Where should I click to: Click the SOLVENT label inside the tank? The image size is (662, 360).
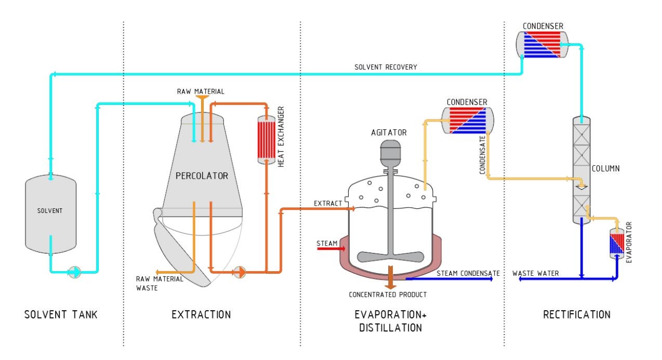click(50, 211)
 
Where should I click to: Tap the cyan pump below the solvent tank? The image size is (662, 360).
click(74, 272)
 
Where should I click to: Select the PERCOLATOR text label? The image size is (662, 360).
click(202, 176)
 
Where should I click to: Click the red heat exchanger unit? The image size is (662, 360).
click(266, 140)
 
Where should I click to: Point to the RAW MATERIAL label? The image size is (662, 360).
click(201, 91)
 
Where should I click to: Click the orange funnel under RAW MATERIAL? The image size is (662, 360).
click(203, 99)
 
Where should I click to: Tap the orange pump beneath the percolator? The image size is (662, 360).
click(240, 272)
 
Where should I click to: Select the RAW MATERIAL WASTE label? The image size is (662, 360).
click(160, 284)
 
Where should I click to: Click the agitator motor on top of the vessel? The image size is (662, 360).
click(390, 154)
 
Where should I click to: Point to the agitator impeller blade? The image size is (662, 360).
click(390, 257)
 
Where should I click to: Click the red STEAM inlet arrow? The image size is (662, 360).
click(331, 248)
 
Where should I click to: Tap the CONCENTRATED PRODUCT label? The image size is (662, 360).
click(388, 295)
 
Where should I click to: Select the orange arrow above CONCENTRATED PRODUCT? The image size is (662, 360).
click(390, 277)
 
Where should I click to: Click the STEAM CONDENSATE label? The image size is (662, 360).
click(468, 273)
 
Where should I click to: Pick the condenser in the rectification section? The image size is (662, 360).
click(542, 45)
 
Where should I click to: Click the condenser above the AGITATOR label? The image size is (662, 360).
click(468, 121)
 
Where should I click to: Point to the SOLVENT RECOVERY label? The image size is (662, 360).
click(386, 67)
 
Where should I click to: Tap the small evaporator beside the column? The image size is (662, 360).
click(617, 244)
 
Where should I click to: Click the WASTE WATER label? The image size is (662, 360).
click(536, 273)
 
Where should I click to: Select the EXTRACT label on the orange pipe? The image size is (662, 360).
click(328, 203)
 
